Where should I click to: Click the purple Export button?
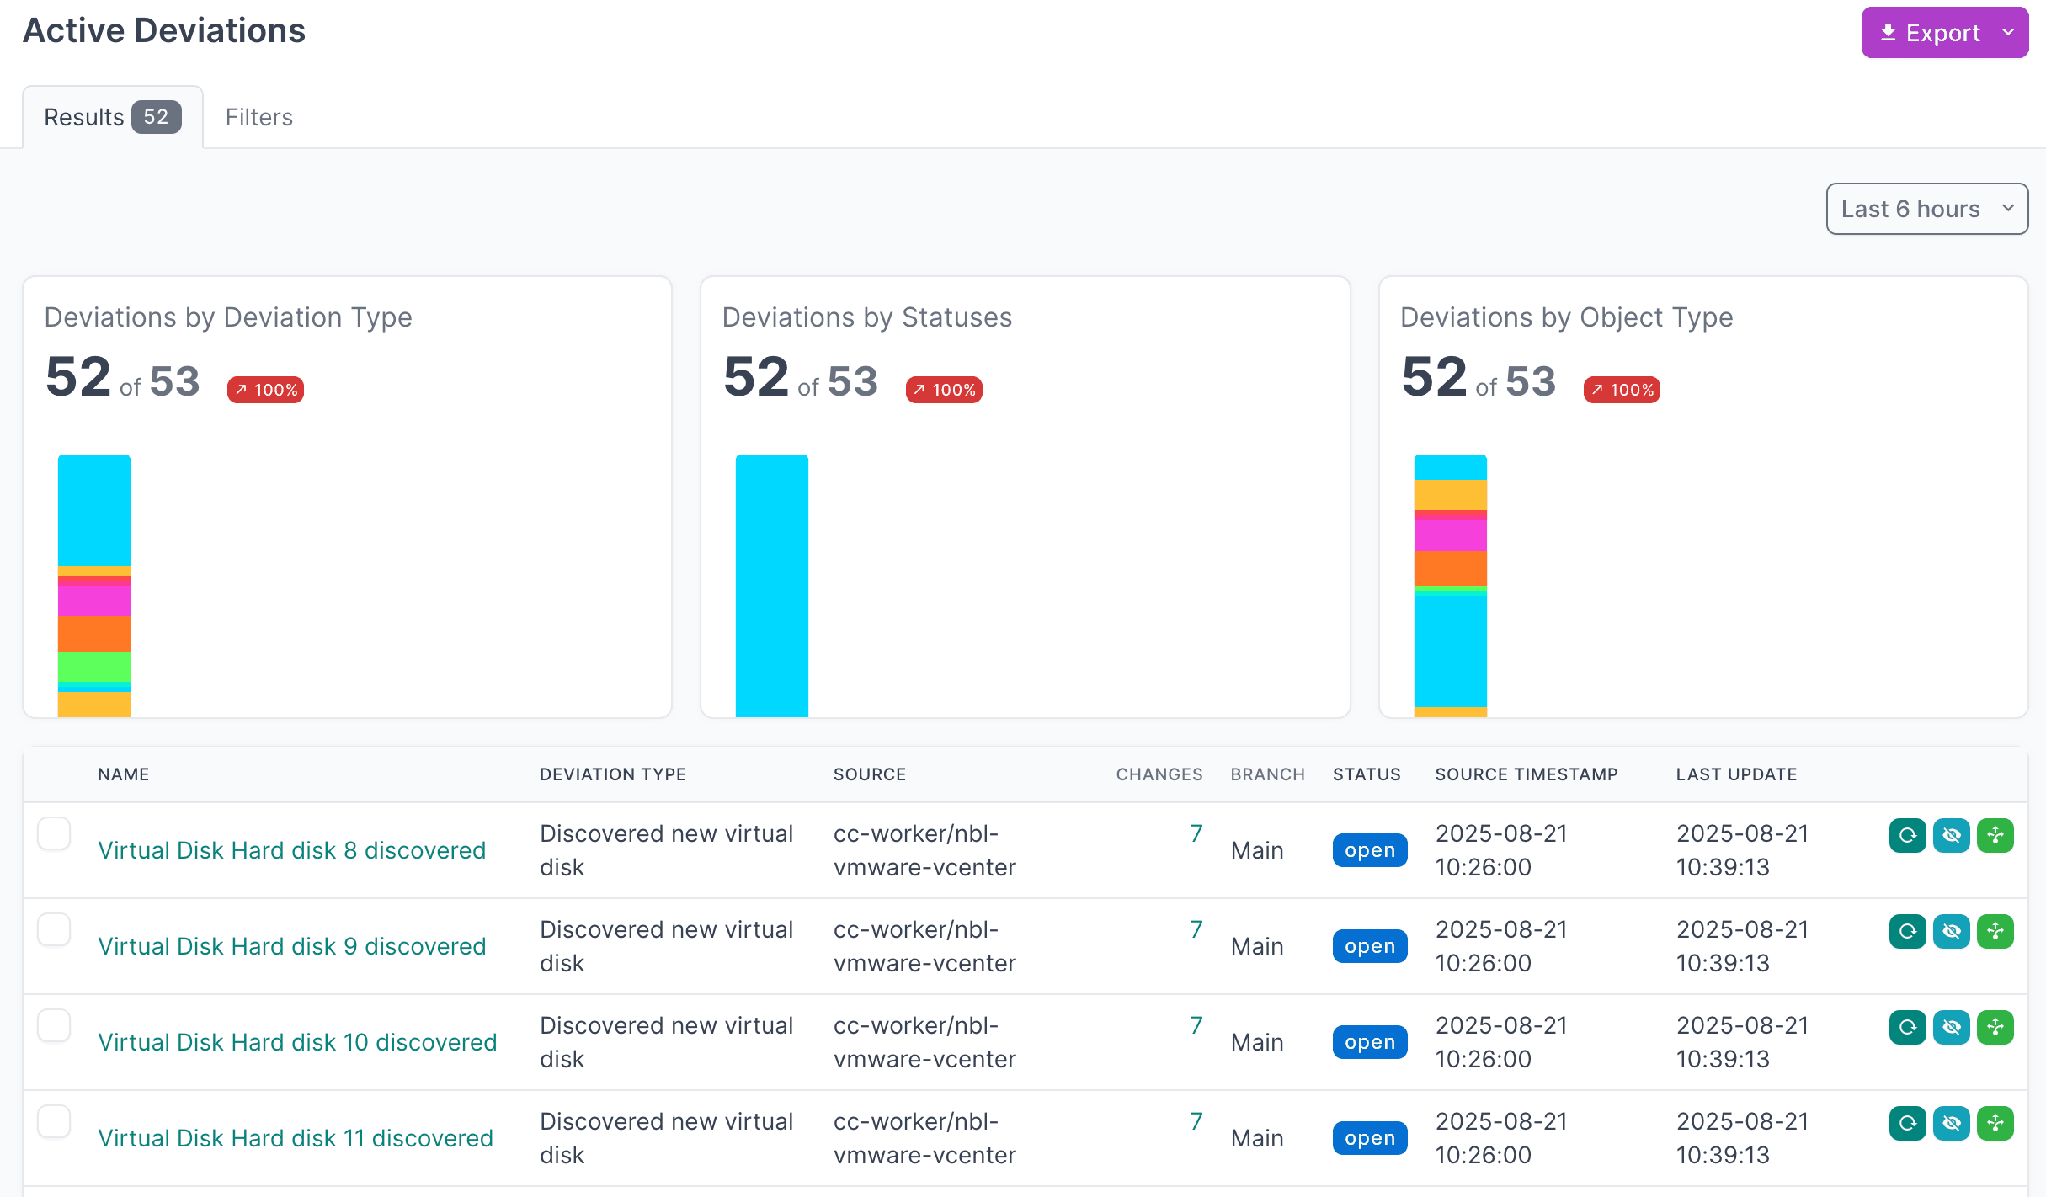pyautogui.click(x=1944, y=33)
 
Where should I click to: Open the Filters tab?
pyautogui.click(x=258, y=117)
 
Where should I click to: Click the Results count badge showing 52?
pyautogui.click(x=156, y=117)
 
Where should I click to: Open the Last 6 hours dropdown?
pyautogui.click(x=1926, y=209)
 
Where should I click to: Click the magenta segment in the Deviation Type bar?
pyautogui.click(x=94, y=600)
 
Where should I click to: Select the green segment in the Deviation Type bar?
pyautogui.click(x=94, y=666)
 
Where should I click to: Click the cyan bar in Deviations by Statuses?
pyautogui.click(x=772, y=586)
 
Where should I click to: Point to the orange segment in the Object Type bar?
pyautogui.click(x=1451, y=568)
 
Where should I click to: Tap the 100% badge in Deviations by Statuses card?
pyautogui.click(x=944, y=390)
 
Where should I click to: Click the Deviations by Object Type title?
pyautogui.click(x=1566, y=317)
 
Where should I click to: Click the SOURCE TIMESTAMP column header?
pyautogui.click(x=1527, y=774)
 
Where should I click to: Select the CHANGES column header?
pyautogui.click(x=1159, y=774)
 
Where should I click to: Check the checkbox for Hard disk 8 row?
pyautogui.click(x=54, y=833)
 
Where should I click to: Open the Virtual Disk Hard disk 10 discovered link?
pyautogui.click(x=297, y=1042)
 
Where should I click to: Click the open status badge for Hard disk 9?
pyautogui.click(x=1370, y=946)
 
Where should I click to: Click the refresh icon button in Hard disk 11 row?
pyautogui.click(x=1908, y=1123)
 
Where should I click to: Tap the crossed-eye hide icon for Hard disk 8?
pyautogui.click(x=1952, y=835)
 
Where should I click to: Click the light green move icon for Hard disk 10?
pyautogui.click(x=1995, y=1027)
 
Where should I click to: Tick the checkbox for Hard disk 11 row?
pyautogui.click(x=54, y=1121)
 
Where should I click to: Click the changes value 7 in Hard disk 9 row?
pyautogui.click(x=1196, y=929)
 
